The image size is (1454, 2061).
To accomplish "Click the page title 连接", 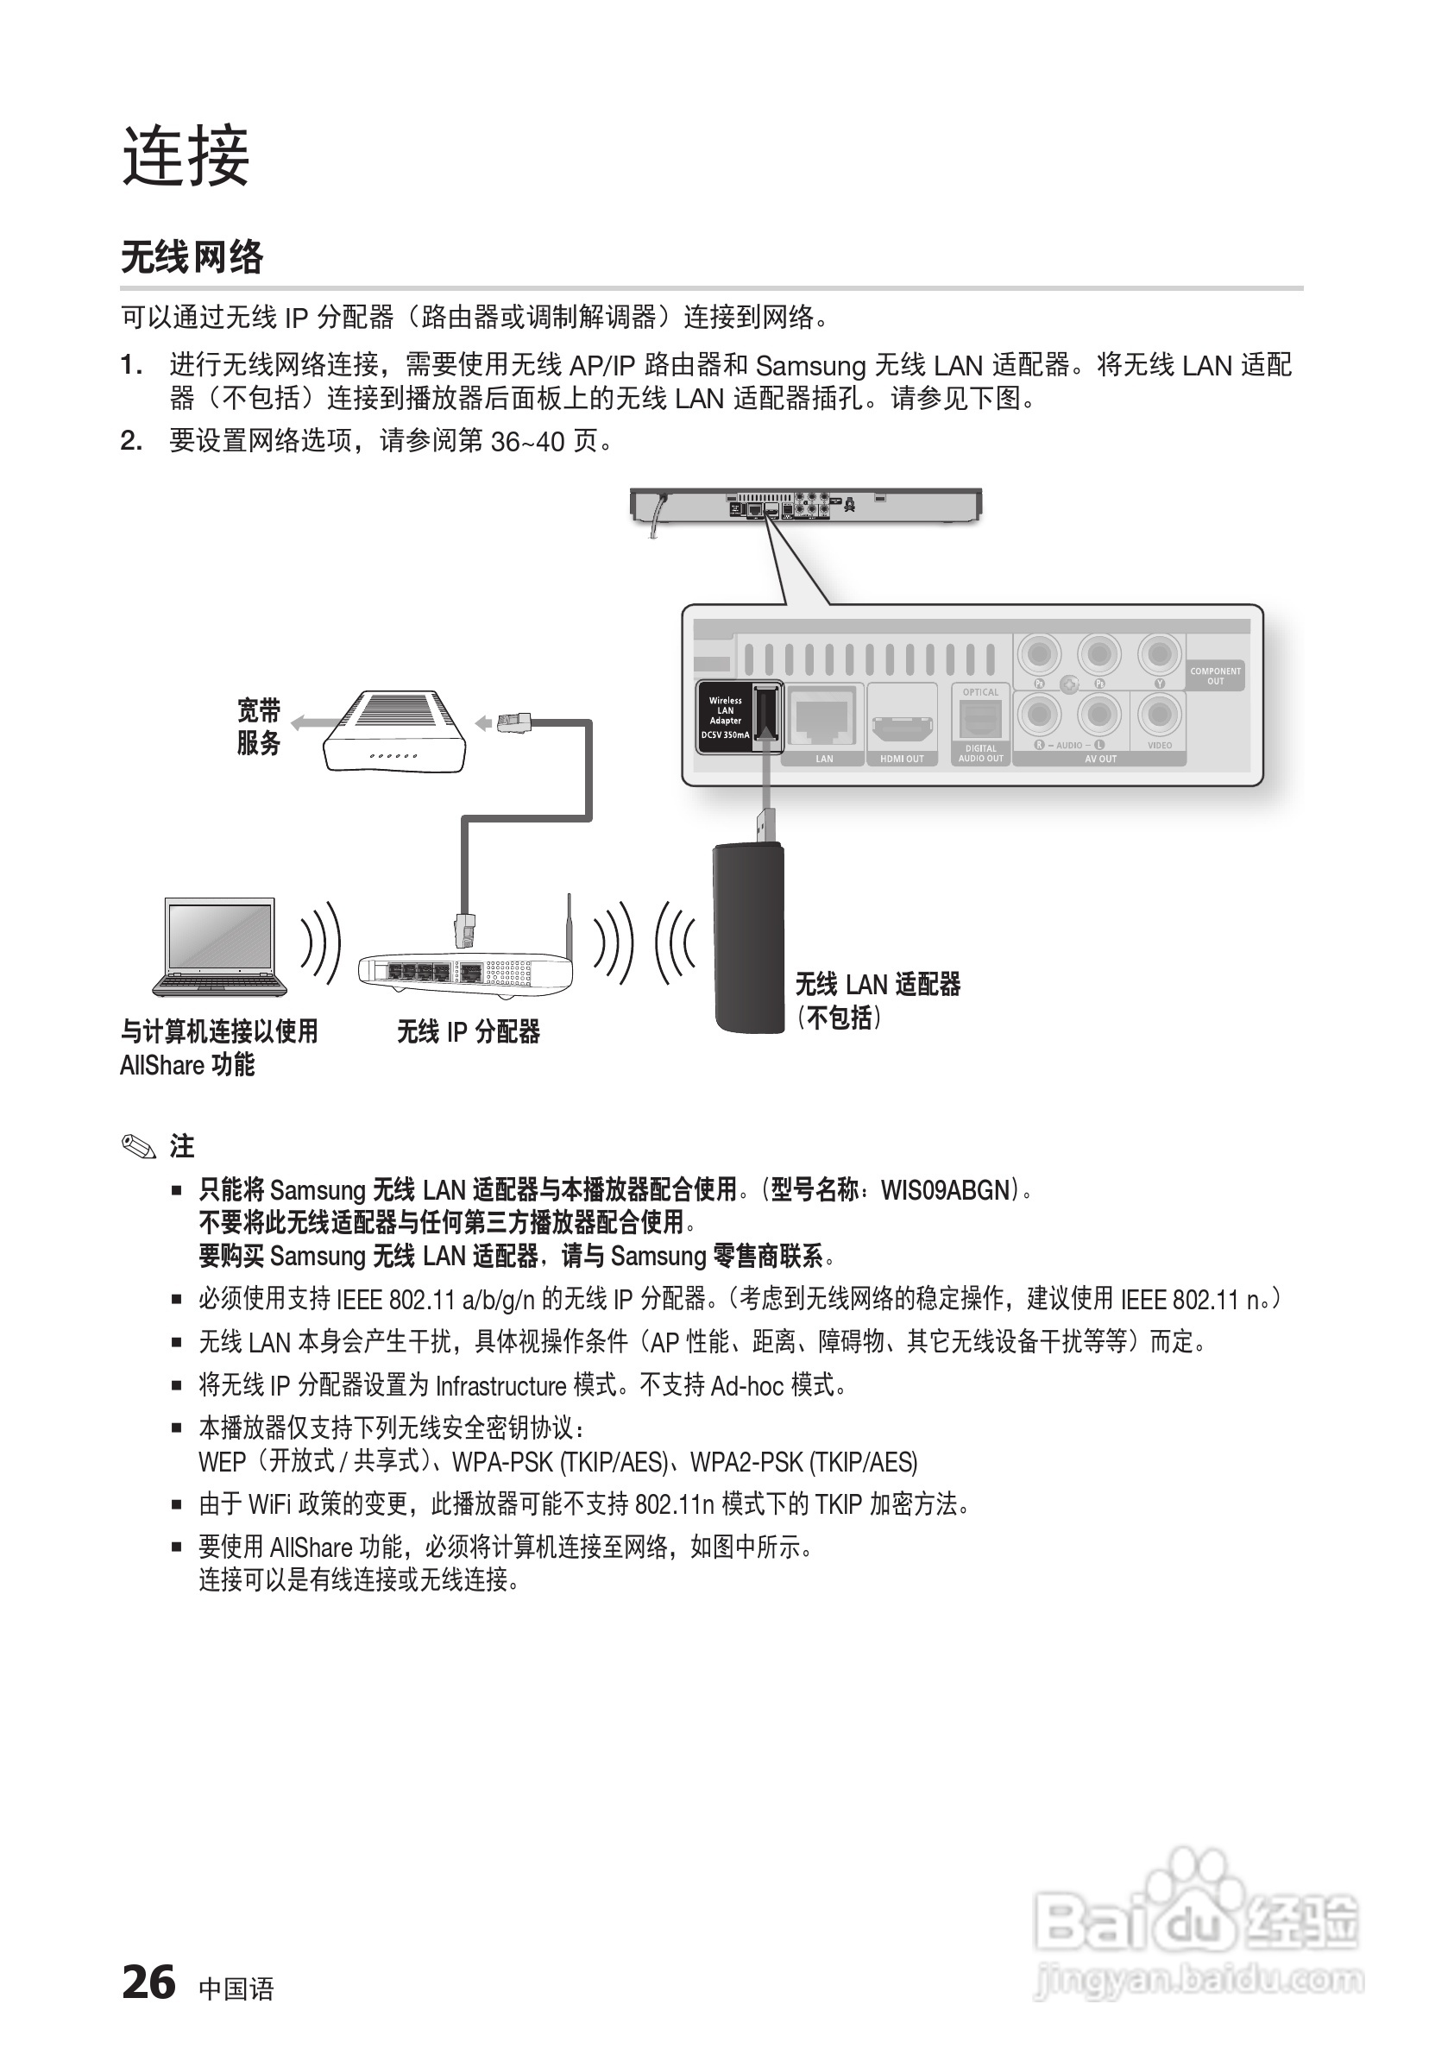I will point(186,156).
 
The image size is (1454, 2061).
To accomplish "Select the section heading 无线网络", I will point(192,256).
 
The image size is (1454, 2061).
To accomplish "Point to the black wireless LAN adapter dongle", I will point(748,938).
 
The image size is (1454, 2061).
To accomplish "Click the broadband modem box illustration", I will point(395,732).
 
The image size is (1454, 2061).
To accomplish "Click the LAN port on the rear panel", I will point(824,718).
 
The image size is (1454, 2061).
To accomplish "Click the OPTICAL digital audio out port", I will point(980,718).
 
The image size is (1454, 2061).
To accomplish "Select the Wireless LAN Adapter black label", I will point(726,716).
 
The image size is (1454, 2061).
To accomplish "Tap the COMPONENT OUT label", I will point(1215,676).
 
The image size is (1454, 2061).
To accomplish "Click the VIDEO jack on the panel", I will point(1160,715).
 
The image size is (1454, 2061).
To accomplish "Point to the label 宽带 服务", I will point(259,727).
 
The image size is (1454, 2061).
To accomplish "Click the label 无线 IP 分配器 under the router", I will point(469,1032).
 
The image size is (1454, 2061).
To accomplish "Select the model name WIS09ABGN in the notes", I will point(945,1190).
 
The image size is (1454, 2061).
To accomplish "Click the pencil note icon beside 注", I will point(138,1146).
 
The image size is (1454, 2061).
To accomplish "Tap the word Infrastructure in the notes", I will point(500,1385).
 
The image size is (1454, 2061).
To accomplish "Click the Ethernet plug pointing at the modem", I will point(513,721).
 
